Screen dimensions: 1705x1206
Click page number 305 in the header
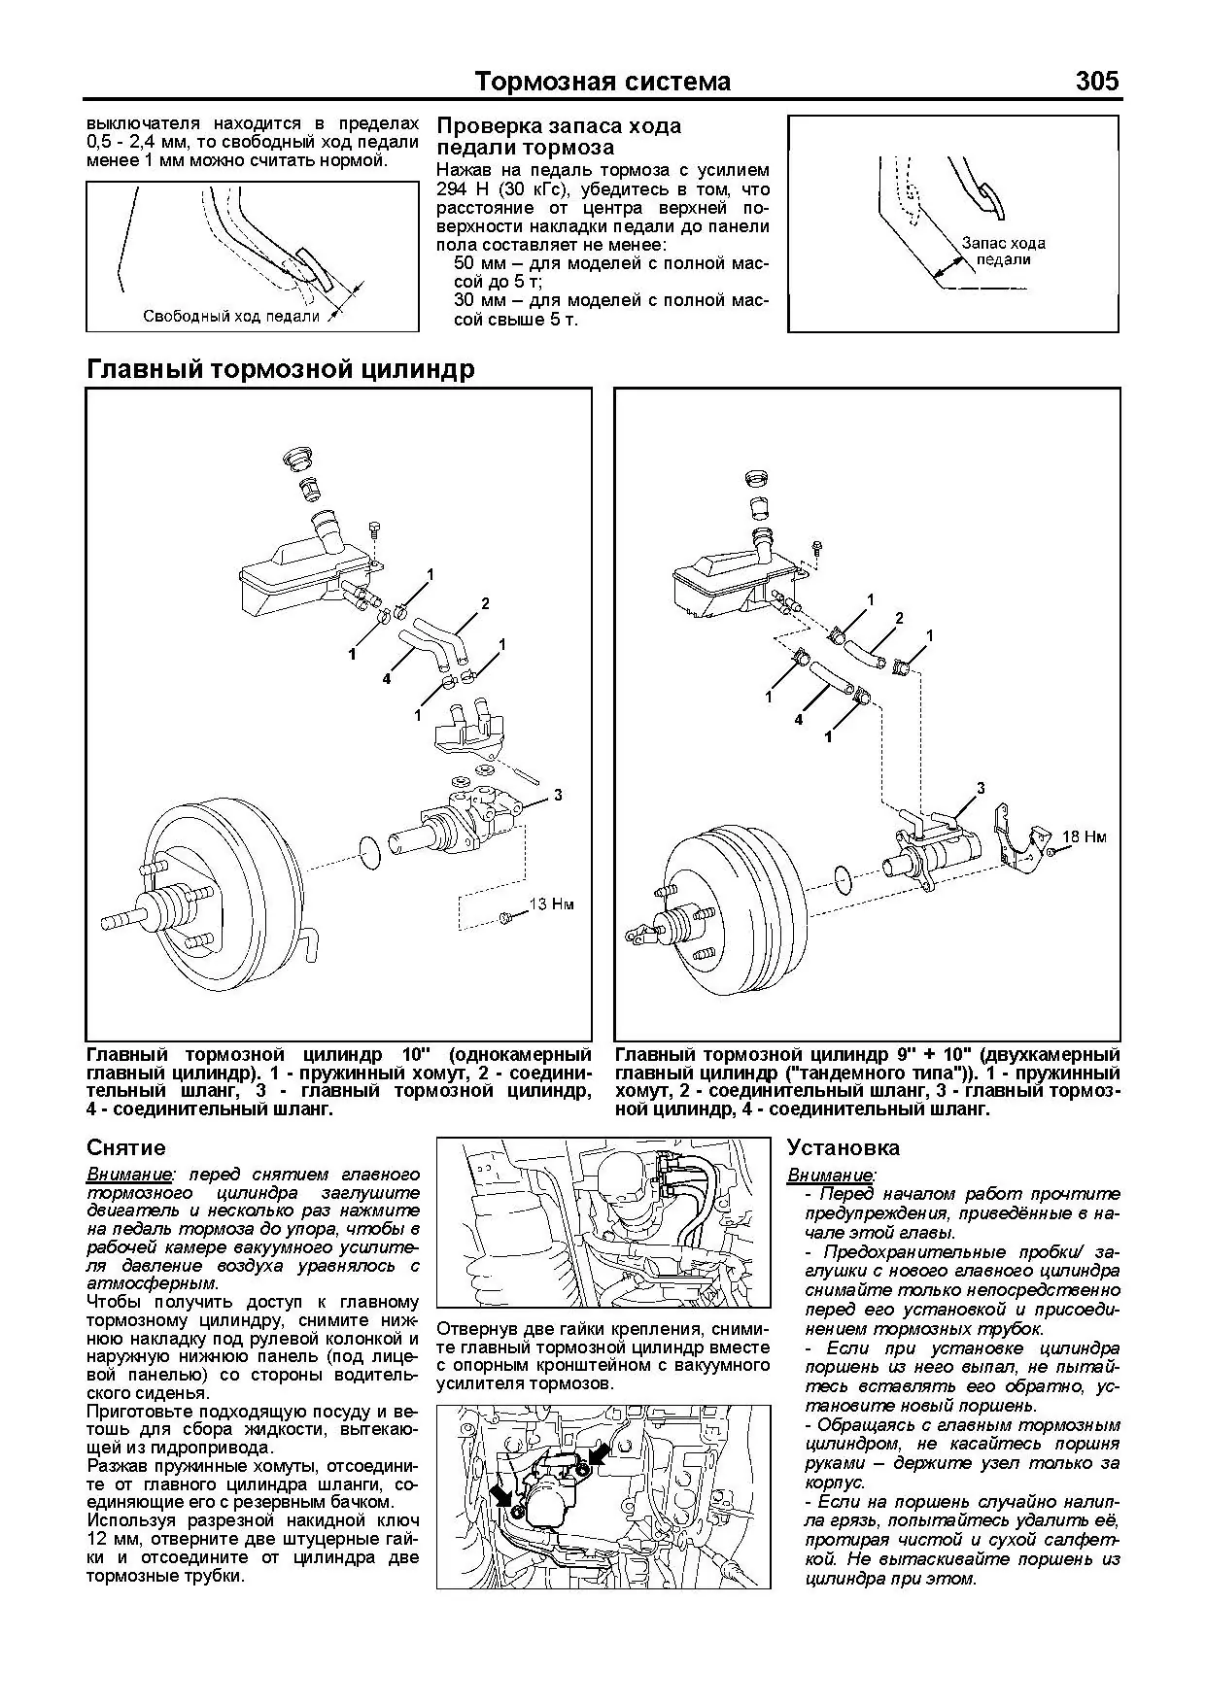pos(1098,82)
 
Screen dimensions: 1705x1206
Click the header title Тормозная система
pos(603,83)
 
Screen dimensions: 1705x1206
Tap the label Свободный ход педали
pos(231,316)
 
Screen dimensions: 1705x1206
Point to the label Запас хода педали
pos(1003,252)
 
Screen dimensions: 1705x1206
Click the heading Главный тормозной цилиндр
pos(281,370)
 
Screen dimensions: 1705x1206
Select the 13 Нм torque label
pos(551,904)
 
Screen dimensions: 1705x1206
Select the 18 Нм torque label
pos(1084,836)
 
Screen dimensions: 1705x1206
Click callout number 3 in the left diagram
pos(558,795)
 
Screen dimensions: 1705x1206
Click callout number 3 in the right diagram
pos(981,787)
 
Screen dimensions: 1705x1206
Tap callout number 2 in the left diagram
pos(485,604)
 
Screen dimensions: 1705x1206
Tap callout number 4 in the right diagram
pos(799,720)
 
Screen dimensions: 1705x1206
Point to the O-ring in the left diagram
pos(370,852)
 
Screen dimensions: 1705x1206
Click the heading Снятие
pos(126,1148)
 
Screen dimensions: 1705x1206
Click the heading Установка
pos(844,1148)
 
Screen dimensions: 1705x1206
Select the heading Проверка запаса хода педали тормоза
pos(559,137)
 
